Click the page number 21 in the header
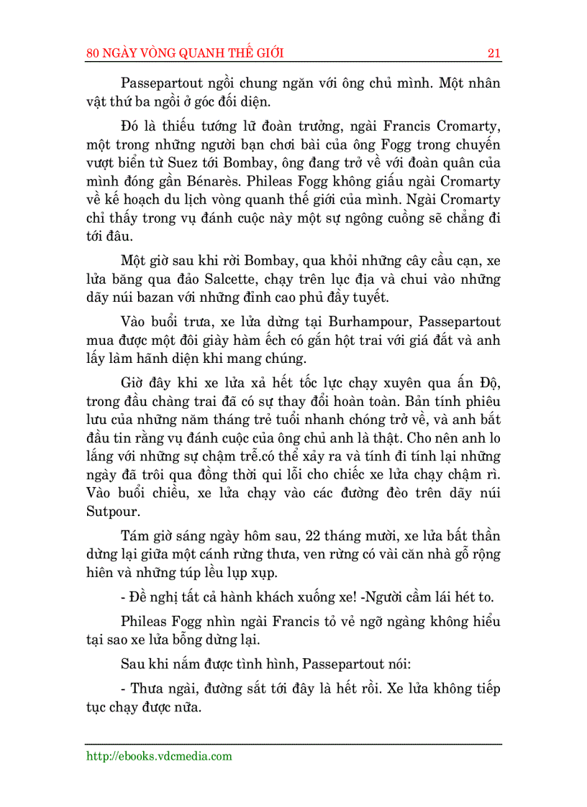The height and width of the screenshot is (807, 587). (x=493, y=53)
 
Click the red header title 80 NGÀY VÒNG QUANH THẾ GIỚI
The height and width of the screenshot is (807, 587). (x=185, y=53)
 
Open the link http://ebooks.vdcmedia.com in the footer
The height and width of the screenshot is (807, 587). (x=159, y=755)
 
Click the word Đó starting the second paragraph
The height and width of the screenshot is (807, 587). (x=129, y=126)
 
